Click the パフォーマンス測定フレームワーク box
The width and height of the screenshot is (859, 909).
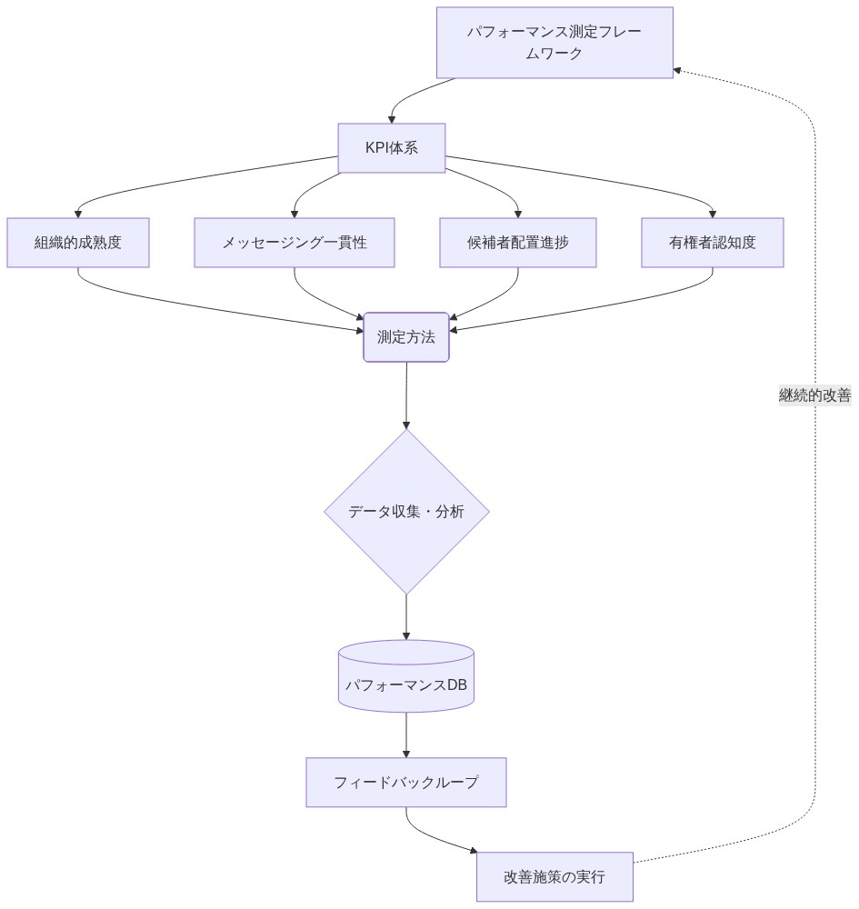point(554,43)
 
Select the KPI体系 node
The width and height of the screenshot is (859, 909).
point(392,148)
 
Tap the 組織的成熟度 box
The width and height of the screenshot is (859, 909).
point(78,243)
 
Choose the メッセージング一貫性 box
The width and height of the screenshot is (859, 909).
point(295,243)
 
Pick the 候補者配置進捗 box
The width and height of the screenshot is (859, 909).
point(518,243)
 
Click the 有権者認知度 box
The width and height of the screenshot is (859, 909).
point(713,243)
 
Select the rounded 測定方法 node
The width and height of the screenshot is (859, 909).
point(406,337)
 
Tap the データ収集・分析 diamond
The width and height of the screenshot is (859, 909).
point(406,512)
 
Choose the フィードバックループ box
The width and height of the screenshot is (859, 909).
point(406,783)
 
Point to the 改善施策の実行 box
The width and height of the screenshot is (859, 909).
point(554,877)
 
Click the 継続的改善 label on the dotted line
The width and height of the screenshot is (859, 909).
point(814,395)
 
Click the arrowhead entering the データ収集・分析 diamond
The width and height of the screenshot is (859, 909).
point(406,425)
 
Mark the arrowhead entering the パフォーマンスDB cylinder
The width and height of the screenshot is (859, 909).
point(406,635)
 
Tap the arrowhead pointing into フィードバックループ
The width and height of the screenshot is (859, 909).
point(406,754)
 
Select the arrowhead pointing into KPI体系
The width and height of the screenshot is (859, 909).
point(392,118)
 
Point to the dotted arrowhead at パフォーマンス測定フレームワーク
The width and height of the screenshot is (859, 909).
point(678,70)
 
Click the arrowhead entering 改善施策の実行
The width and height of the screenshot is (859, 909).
point(473,852)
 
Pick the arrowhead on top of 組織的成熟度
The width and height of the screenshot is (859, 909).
point(78,213)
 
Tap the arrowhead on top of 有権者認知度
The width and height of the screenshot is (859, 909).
point(713,213)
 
